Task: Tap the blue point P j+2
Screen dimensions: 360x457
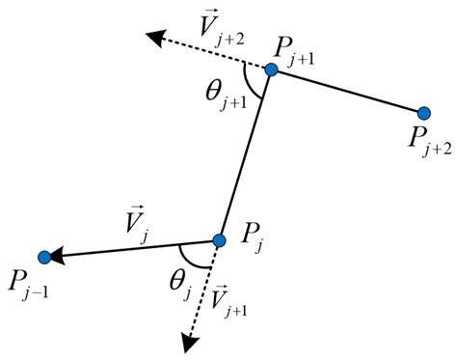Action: click(x=423, y=113)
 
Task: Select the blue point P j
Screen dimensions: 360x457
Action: click(x=219, y=239)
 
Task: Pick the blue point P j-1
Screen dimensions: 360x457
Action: click(x=44, y=256)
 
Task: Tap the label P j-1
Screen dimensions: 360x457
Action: click(x=29, y=286)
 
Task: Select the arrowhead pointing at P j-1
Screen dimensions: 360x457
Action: click(x=58, y=255)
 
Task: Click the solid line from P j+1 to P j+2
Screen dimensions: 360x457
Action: click(x=347, y=91)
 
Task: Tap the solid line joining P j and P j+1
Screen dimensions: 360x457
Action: click(x=245, y=154)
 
